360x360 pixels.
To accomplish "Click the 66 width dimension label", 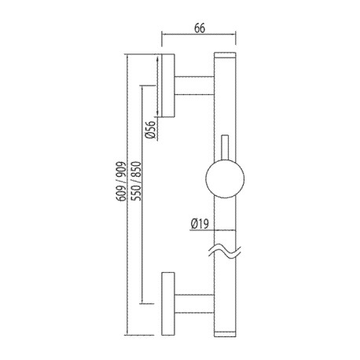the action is tap(200, 28).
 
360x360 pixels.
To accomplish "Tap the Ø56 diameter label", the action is tap(150, 130).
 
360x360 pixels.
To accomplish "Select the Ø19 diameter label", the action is tap(200, 224).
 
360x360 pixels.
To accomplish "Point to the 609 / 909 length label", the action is tap(121, 182).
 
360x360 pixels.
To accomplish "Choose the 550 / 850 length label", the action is tap(136, 181).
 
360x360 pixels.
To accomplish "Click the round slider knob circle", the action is tap(225, 178).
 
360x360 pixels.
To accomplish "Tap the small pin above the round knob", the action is tap(225, 147).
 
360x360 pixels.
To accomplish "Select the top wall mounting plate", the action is tap(168, 85).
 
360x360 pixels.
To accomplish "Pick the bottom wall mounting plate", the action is tap(168, 303).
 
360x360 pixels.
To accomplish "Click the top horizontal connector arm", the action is tap(195, 86).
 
